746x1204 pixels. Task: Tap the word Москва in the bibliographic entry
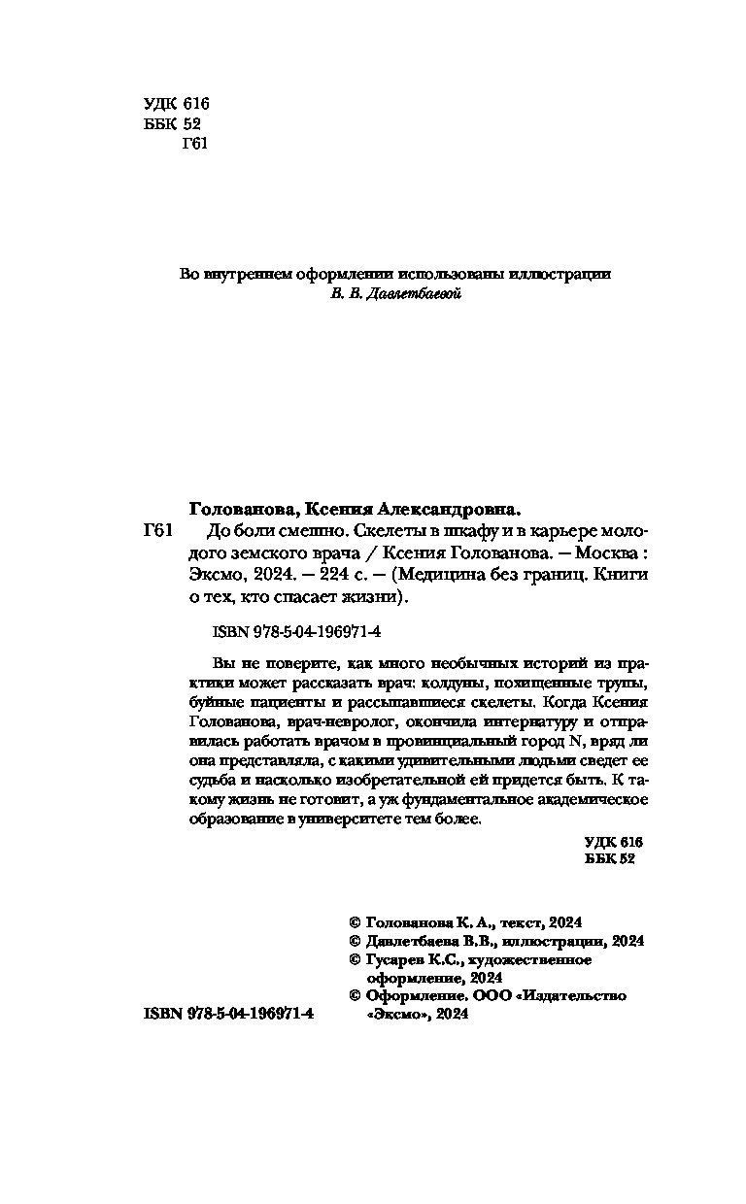(x=601, y=552)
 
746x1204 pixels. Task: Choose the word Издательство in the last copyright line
(x=573, y=995)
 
